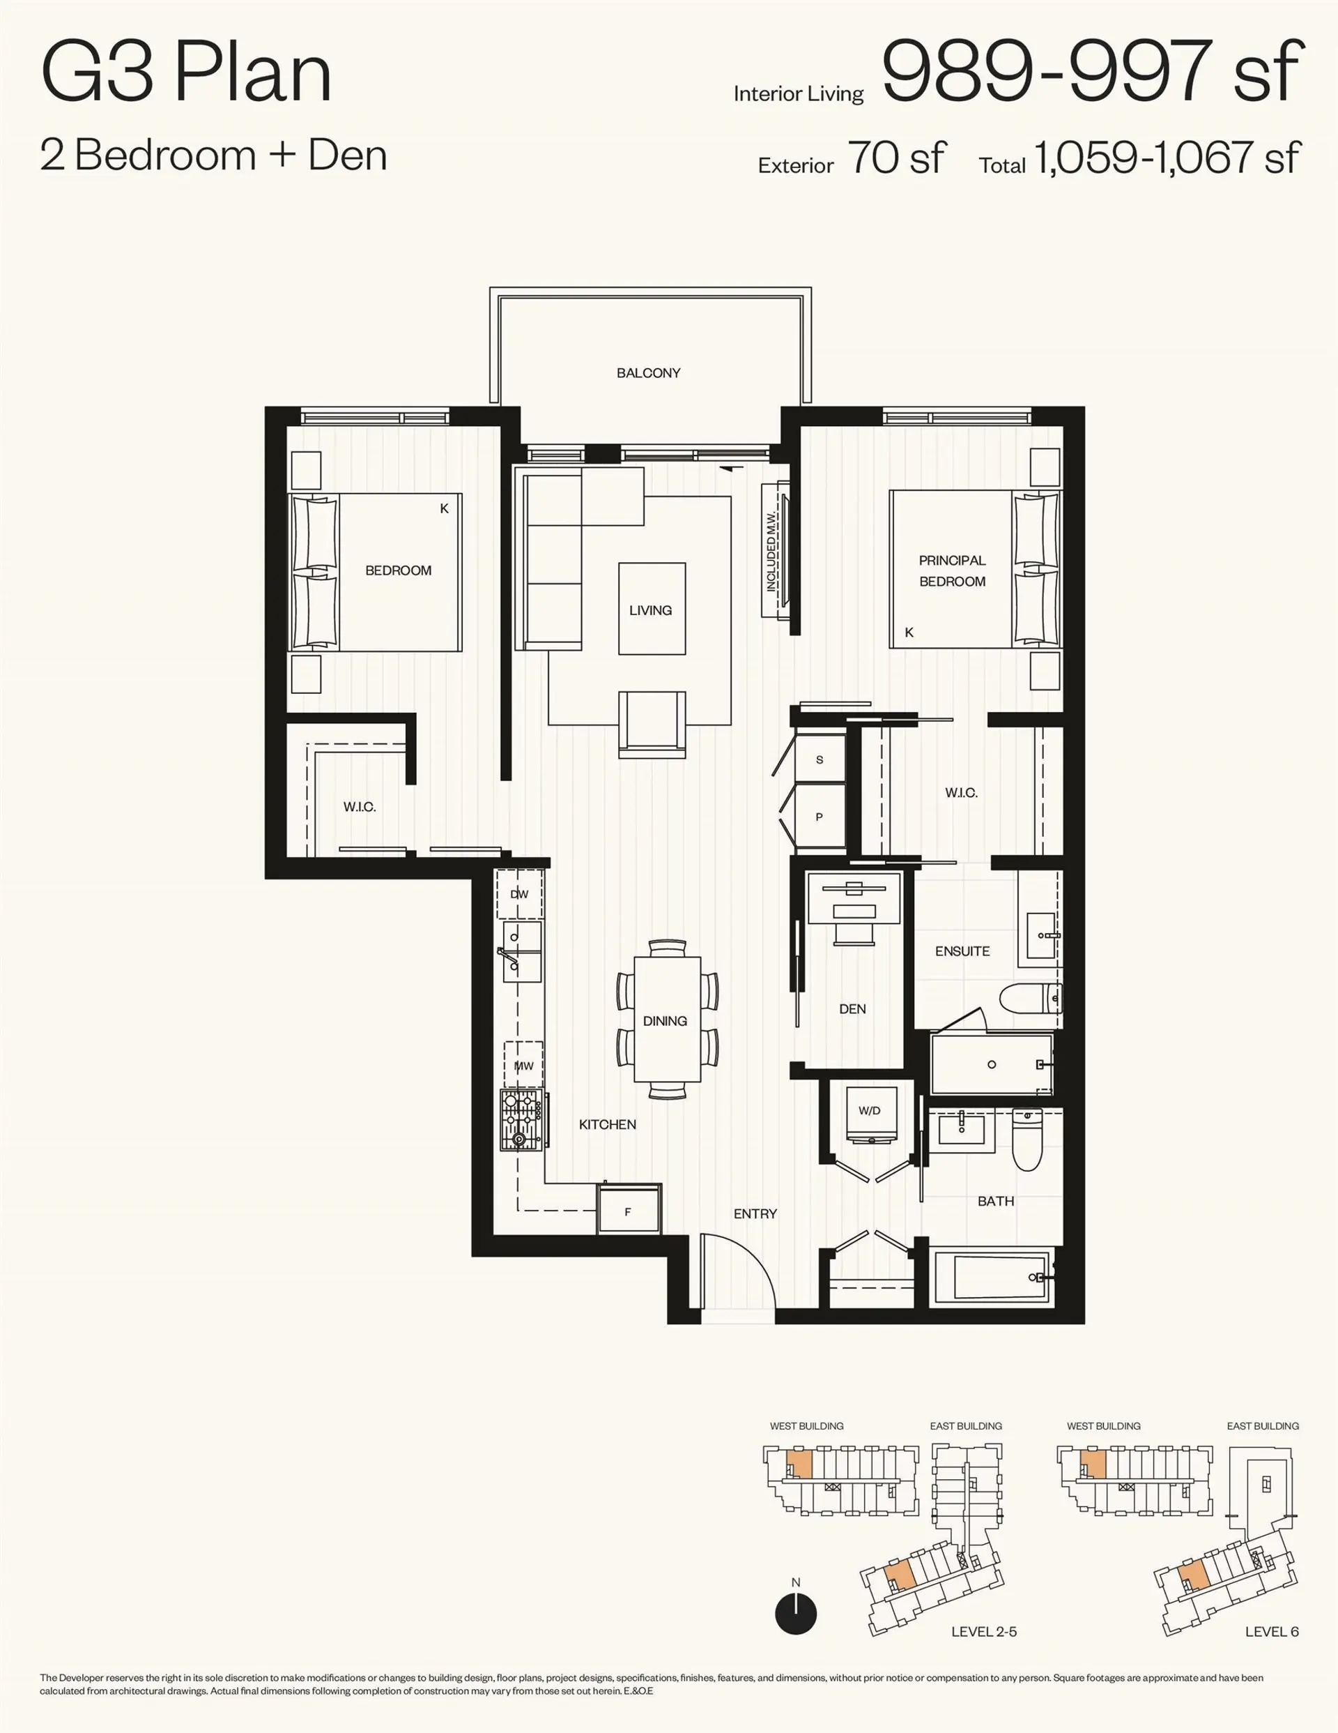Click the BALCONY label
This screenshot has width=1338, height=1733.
click(x=648, y=373)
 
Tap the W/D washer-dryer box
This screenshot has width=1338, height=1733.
click(x=869, y=1111)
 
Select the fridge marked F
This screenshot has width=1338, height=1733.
click(x=628, y=1211)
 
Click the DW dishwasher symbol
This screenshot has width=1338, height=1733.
click(x=519, y=894)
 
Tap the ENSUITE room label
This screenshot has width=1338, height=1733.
click(x=962, y=951)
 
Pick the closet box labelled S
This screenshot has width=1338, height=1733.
click(x=820, y=759)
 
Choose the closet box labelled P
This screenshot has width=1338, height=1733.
click(x=820, y=817)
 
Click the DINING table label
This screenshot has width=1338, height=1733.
click(x=665, y=1021)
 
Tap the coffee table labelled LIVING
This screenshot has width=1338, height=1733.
click(x=651, y=610)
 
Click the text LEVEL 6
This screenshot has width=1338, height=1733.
click(x=1271, y=1631)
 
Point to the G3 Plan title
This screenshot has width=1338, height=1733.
click(x=186, y=73)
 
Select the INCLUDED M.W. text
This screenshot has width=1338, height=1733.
click(x=771, y=552)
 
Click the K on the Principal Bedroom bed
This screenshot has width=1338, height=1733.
click(x=909, y=633)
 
